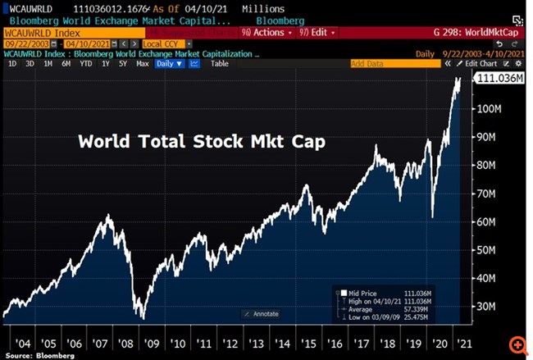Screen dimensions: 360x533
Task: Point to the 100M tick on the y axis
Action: click(490, 109)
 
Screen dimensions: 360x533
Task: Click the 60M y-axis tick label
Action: click(490, 221)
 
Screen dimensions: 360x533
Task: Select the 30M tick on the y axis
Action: click(490, 307)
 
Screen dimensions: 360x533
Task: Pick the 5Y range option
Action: click(123, 63)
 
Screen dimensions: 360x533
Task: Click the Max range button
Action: click(143, 63)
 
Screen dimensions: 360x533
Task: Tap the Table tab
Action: click(220, 63)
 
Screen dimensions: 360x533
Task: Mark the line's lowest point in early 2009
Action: click(142, 318)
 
